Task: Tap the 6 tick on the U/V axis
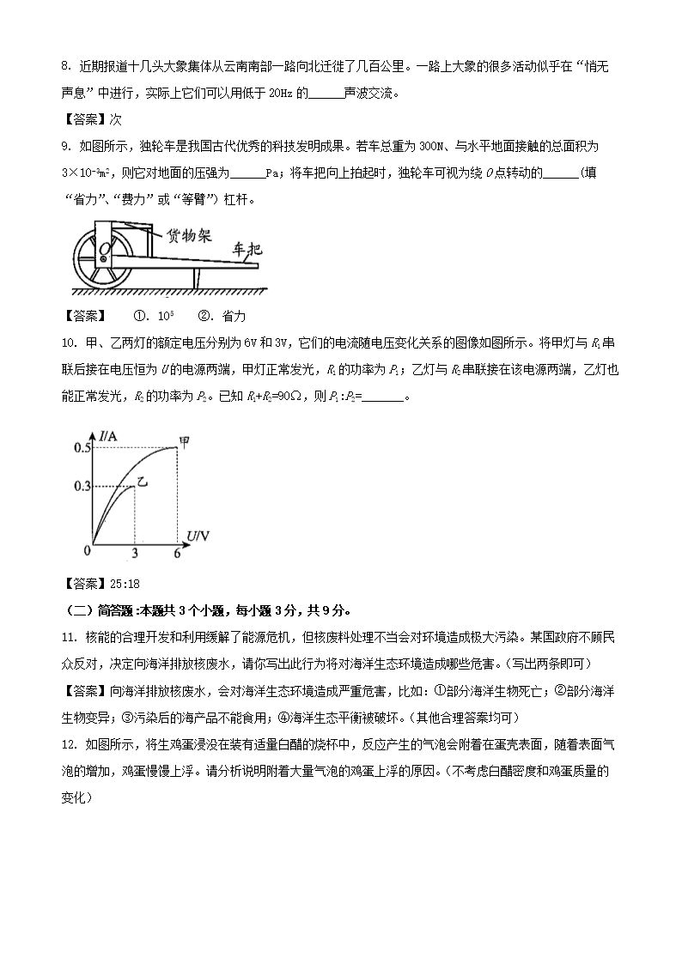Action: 178,555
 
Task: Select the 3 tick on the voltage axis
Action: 135,555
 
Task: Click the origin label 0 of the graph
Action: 86,549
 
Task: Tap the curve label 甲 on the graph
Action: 184,442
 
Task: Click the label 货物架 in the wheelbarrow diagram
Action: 189,236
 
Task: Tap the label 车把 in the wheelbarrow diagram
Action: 247,251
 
